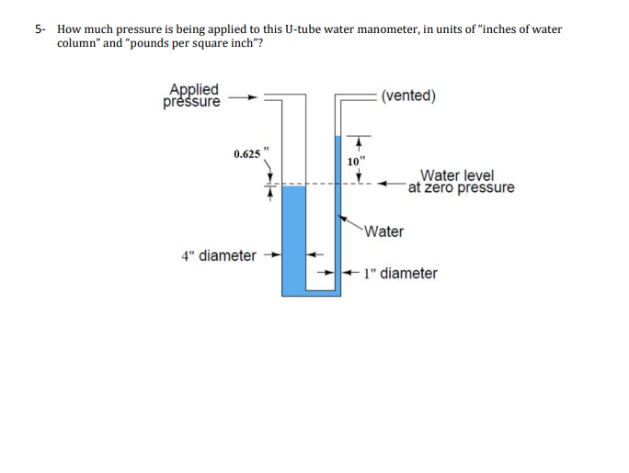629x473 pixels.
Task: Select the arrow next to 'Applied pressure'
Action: point(240,95)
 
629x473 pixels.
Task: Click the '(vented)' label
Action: point(408,96)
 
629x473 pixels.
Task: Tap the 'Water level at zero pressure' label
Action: point(461,182)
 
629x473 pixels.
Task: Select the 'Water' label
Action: point(383,231)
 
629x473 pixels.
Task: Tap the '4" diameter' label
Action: point(219,255)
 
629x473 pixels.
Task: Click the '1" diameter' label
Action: point(400,273)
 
